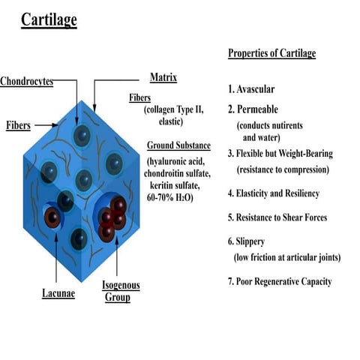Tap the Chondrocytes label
(27, 81)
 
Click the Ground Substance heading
(178, 145)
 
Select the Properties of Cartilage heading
(272, 53)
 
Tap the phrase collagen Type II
(176, 109)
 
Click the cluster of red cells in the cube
(112, 218)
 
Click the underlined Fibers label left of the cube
(18, 124)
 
